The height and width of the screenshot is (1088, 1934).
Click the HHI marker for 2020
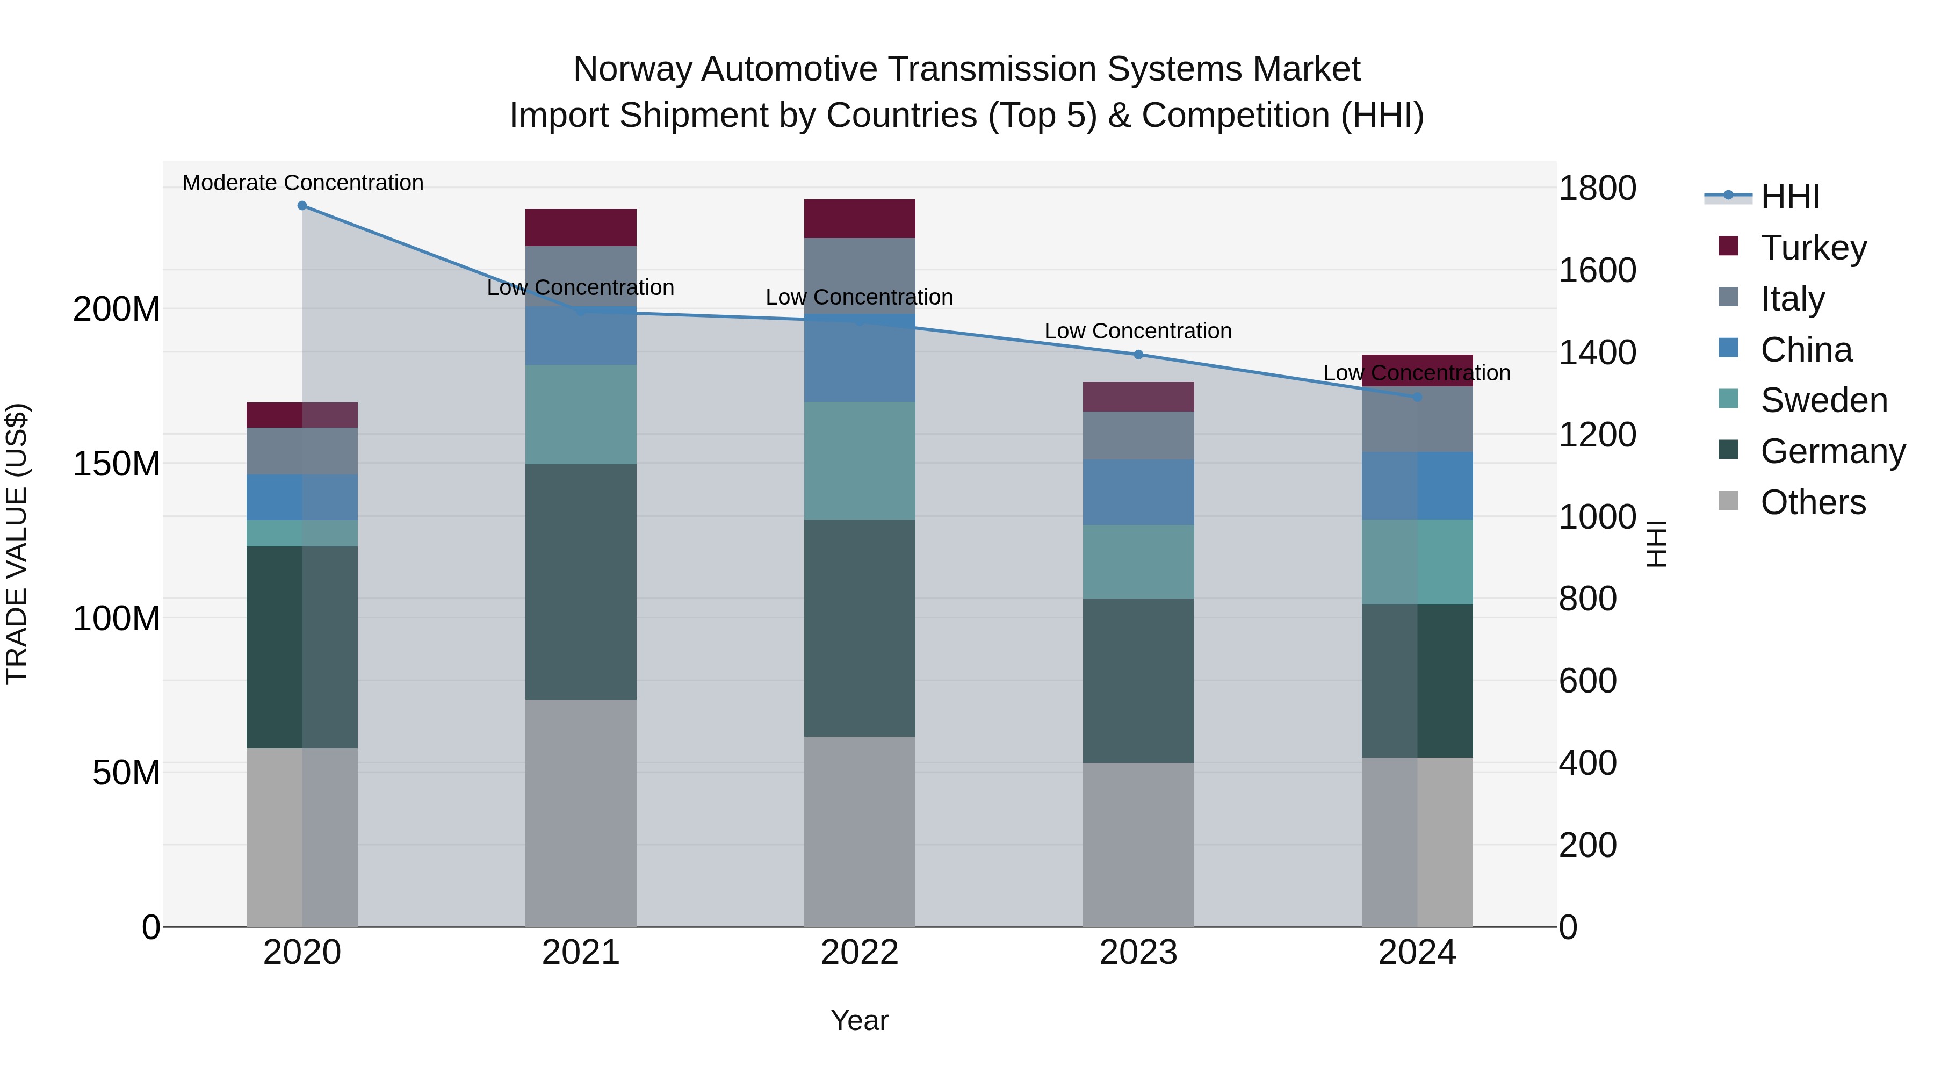302,205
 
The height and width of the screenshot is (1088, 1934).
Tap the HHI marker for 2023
1138,355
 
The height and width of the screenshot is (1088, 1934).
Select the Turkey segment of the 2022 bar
860,219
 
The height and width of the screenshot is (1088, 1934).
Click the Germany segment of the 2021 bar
580,581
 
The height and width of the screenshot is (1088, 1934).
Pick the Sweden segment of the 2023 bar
1138,561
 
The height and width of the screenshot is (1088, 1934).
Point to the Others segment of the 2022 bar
860,831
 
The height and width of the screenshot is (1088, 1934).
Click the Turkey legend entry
1813,248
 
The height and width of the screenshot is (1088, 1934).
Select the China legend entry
1806,350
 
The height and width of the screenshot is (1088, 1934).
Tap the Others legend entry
1813,502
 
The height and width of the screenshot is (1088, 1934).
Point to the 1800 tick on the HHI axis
1597,189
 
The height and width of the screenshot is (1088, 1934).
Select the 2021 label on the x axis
580,953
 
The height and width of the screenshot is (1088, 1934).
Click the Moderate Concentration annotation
302,183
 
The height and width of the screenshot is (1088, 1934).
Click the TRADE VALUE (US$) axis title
17,544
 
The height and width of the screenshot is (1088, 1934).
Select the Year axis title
860,1020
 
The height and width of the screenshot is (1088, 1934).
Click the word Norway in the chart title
632,69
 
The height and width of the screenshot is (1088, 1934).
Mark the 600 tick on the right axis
1587,681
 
